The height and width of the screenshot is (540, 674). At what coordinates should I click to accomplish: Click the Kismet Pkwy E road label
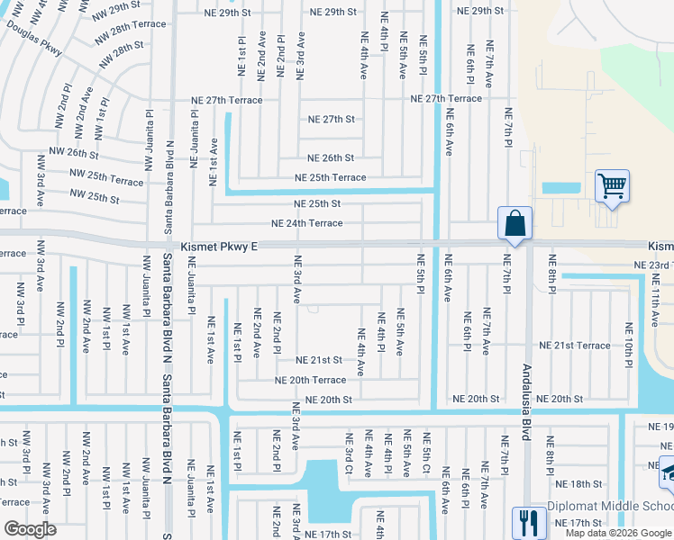click(220, 246)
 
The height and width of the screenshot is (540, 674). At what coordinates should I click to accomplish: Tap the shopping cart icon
click(612, 187)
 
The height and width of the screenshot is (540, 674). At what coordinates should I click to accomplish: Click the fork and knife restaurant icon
click(525, 521)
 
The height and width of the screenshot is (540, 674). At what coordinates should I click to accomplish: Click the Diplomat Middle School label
click(610, 507)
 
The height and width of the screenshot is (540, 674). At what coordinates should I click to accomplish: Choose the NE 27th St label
click(332, 119)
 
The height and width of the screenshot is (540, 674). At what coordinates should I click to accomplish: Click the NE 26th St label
click(331, 157)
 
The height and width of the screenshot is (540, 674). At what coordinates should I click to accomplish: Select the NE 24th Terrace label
click(307, 223)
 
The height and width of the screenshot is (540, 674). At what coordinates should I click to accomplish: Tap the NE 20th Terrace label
click(310, 380)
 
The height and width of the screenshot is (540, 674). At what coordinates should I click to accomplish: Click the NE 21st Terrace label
click(574, 346)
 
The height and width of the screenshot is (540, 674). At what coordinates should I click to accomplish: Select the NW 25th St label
click(95, 196)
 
